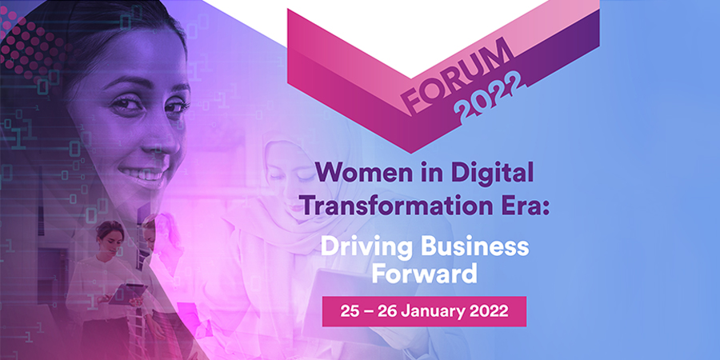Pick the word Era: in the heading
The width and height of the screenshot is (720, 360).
tap(523, 206)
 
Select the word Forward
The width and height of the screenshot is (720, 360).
tap(424, 274)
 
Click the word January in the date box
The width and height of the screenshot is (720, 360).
tap(433, 311)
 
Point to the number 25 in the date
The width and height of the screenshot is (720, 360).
tap(349, 311)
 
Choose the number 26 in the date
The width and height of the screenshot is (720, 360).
tap(387, 311)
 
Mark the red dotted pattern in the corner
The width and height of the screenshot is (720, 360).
tap(29, 45)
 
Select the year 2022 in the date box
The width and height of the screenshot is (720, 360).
tap(490, 311)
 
